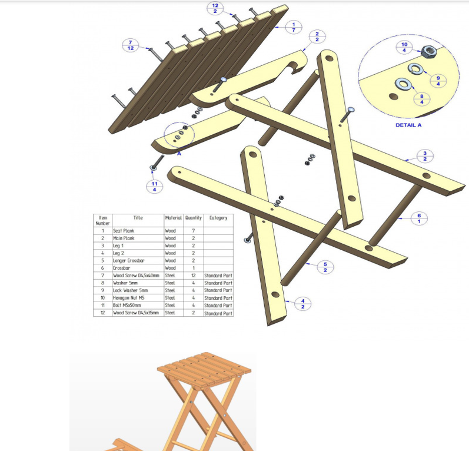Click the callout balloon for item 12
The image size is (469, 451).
click(215, 8)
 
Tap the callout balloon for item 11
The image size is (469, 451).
click(154, 186)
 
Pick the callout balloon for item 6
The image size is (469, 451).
click(419, 218)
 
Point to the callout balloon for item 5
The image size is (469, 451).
click(325, 267)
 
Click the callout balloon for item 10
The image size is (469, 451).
click(404, 47)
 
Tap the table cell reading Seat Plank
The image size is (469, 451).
click(138, 231)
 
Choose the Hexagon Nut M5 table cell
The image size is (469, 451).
click(138, 298)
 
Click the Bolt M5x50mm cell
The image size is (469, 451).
click(138, 306)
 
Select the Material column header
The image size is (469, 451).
click(173, 218)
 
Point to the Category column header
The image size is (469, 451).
click(218, 218)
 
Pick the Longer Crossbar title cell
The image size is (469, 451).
click(138, 260)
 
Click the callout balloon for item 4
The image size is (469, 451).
click(303, 304)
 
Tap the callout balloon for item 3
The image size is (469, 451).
click(425, 156)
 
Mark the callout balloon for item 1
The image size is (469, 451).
click(294, 26)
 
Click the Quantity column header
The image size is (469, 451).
click(194, 218)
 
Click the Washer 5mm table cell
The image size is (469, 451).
click(138, 283)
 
